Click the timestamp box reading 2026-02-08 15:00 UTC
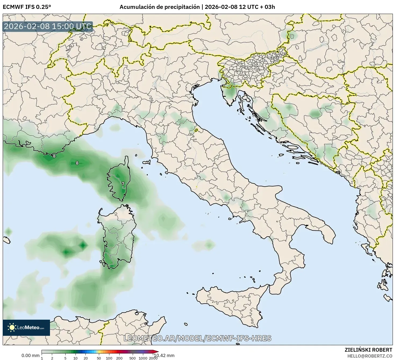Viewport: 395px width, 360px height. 48,27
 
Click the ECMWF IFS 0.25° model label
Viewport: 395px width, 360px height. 27,7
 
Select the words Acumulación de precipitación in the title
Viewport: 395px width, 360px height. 160,7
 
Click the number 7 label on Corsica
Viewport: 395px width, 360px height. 123,184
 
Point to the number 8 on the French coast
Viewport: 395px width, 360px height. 54,156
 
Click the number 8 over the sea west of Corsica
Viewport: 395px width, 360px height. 77,163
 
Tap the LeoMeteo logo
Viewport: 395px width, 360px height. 26,327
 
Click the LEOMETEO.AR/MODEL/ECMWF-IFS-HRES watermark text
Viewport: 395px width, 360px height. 198,338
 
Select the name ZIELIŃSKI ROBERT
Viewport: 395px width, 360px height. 368,350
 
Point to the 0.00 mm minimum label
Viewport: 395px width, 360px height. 30,355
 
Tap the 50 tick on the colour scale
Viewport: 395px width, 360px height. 99,358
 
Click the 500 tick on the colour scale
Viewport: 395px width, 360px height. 132,358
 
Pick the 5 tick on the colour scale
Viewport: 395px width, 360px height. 65,358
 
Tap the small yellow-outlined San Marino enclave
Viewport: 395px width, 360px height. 196,130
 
